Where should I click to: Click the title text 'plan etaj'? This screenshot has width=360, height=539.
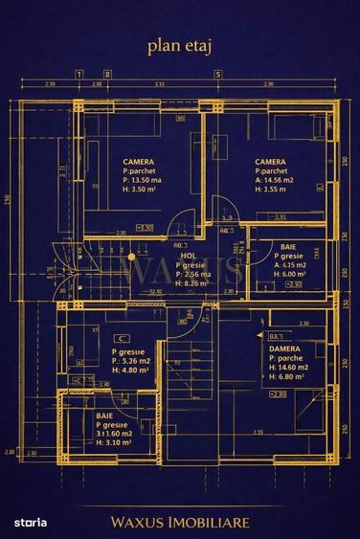click(x=180, y=45)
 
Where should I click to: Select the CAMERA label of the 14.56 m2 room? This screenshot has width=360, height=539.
click(x=269, y=162)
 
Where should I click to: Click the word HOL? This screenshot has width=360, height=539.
click(x=188, y=257)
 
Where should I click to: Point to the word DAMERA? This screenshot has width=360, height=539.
click(x=286, y=349)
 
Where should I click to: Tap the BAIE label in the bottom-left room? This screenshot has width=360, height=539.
click(x=103, y=416)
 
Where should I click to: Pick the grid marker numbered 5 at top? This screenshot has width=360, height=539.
click(x=217, y=74)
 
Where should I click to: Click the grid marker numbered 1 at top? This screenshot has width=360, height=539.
click(x=79, y=74)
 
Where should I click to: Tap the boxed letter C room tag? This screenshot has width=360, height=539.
click(x=122, y=338)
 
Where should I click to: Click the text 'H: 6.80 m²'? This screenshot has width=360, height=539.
click(x=288, y=376)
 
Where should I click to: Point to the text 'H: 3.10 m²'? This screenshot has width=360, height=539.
click(x=113, y=443)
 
